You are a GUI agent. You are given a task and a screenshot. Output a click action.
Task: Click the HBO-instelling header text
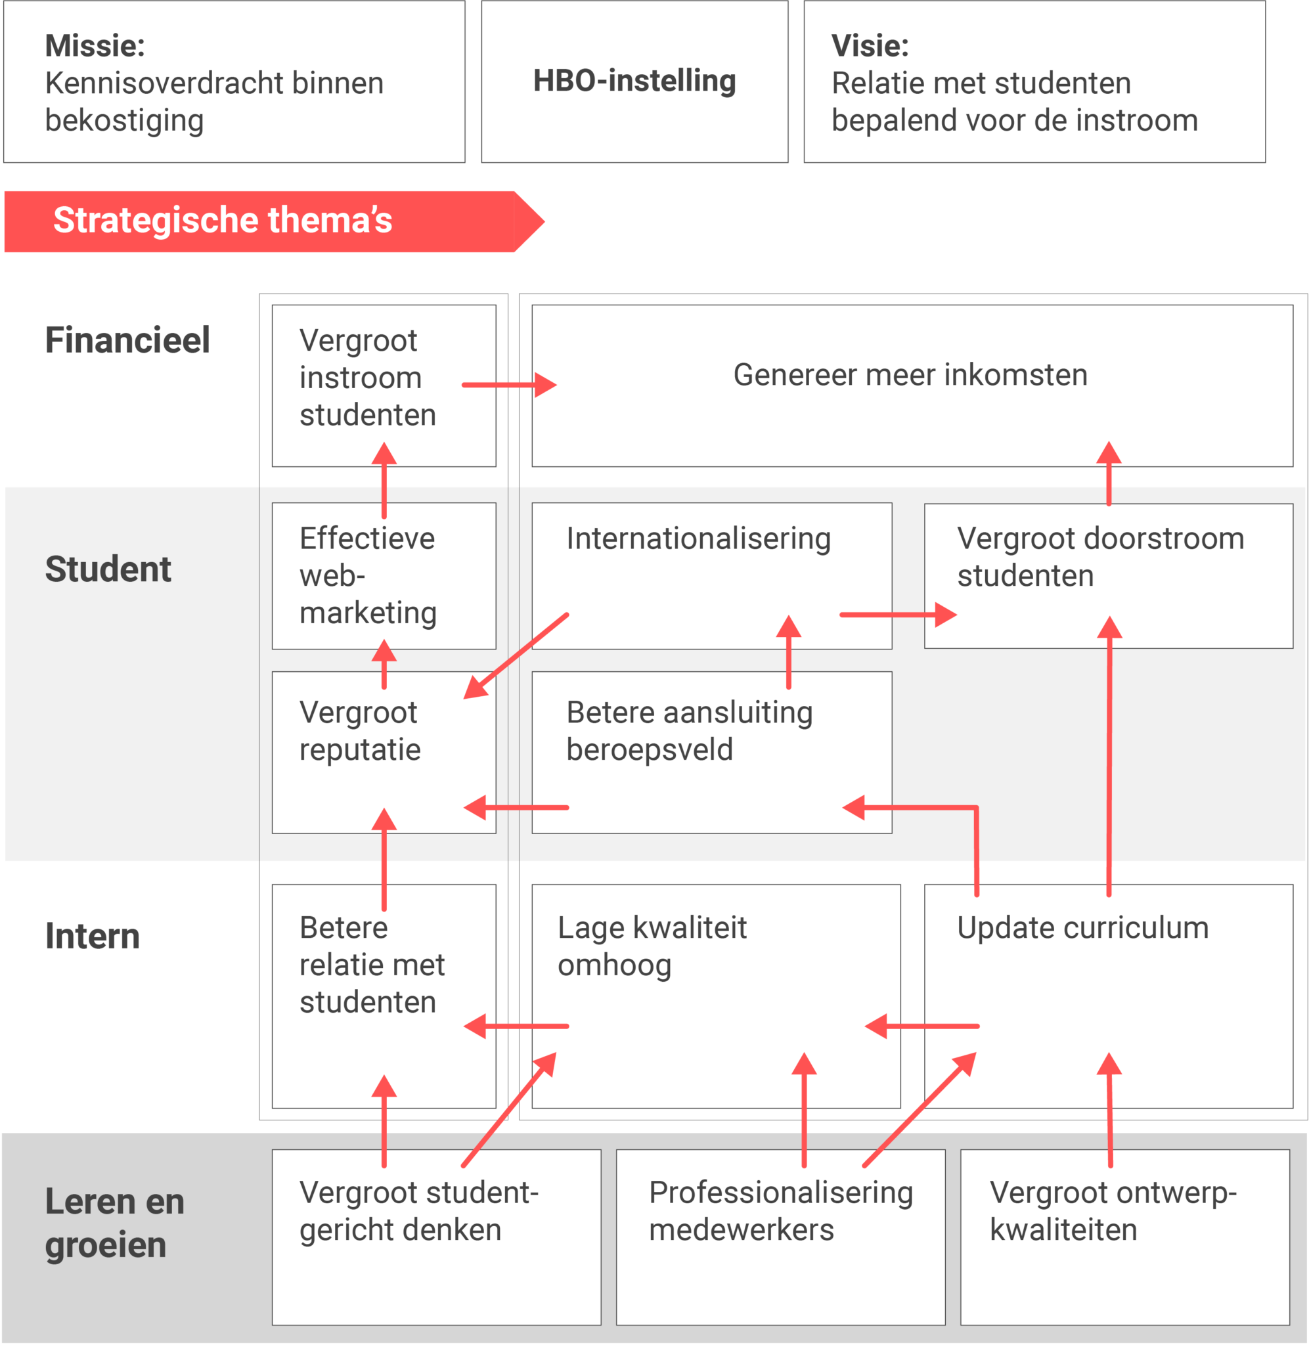point(634,81)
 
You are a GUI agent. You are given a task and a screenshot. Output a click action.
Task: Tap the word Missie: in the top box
point(95,46)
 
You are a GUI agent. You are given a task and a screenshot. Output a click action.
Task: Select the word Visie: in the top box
point(870,46)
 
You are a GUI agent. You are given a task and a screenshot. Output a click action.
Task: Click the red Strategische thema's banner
point(223,221)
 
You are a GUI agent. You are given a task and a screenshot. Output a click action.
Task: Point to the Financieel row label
point(127,340)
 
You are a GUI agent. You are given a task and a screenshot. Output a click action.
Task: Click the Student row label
point(108,569)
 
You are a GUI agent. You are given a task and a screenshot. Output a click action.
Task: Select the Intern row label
point(92,936)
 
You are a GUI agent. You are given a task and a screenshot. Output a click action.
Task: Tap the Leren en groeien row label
point(114,1224)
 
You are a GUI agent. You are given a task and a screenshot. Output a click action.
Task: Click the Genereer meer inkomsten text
point(910,375)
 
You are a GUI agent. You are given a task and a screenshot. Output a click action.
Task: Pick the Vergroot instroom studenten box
point(368,378)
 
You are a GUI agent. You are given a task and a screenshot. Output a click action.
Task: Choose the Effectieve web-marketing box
point(368,576)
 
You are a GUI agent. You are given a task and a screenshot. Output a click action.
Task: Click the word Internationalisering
point(698,539)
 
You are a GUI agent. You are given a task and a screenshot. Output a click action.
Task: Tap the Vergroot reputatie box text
point(359,731)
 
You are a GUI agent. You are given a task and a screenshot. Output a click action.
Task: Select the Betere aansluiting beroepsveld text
point(689,731)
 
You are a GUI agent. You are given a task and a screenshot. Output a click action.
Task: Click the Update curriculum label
point(1082,929)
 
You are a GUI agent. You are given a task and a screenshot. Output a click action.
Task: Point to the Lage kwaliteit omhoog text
point(651,946)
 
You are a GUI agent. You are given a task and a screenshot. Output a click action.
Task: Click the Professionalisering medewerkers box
point(780,1211)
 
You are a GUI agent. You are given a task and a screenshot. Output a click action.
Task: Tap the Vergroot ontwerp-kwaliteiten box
point(1113,1211)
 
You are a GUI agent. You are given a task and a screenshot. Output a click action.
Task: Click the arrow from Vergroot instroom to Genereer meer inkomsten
point(509,385)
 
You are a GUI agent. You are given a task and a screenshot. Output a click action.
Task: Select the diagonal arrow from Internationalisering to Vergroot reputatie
point(516,656)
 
